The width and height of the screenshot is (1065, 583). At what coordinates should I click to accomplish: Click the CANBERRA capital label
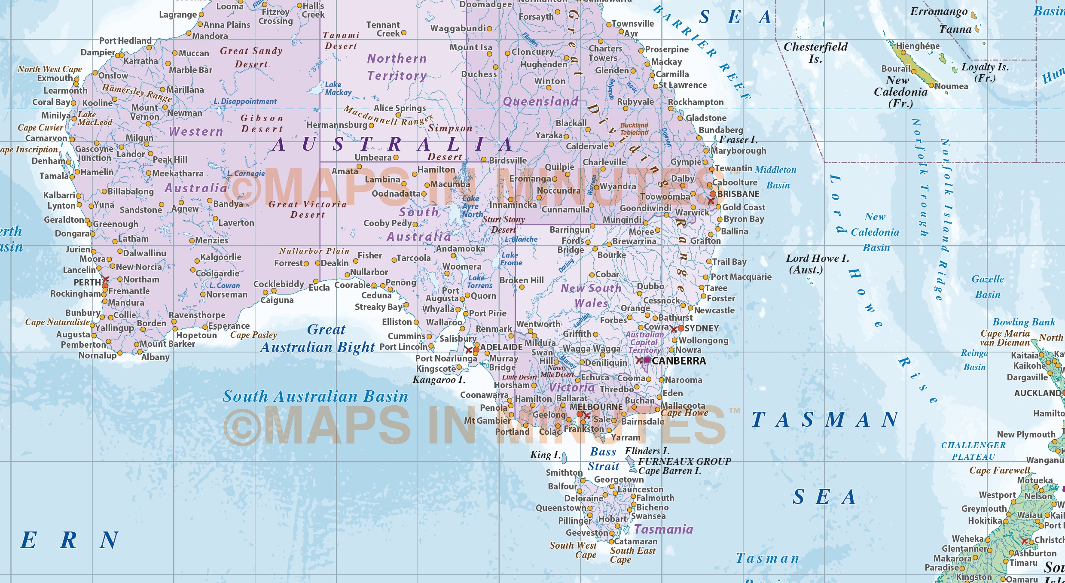click(x=678, y=361)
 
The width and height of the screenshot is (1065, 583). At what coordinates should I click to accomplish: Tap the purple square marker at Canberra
click(x=647, y=360)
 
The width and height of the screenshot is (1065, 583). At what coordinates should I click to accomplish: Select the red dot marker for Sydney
click(x=681, y=328)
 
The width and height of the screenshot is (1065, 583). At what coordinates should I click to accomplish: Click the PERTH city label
click(x=87, y=282)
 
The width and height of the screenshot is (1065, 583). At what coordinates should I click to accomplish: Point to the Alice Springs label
click(x=400, y=108)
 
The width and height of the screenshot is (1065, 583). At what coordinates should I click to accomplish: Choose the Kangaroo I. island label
click(x=439, y=380)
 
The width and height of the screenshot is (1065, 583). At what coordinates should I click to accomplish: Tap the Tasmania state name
click(x=663, y=529)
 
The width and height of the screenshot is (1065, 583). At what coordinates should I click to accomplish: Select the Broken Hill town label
click(x=522, y=280)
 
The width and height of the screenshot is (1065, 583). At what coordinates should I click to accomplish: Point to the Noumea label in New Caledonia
click(x=951, y=86)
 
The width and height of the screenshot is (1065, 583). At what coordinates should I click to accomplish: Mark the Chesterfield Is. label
click(x=815, y=52)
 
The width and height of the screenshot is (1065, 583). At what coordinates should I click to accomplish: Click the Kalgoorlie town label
click(x=221, y=257)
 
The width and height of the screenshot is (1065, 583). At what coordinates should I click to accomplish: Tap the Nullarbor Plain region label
click(x=314, y=251)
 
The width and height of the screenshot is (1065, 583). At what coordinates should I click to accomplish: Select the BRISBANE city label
click(x=738, y=194)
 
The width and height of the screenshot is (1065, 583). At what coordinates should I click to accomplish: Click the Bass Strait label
click(x=603, y=459)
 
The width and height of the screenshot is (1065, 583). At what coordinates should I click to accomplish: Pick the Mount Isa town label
click(x=470, y=47)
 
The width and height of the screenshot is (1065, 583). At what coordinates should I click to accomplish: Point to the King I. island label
click(x=545, y=455)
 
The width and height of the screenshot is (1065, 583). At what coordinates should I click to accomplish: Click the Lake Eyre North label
click(x=472, y=206)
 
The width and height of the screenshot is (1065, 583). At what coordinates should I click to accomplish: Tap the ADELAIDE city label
click(x=501, y=347)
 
